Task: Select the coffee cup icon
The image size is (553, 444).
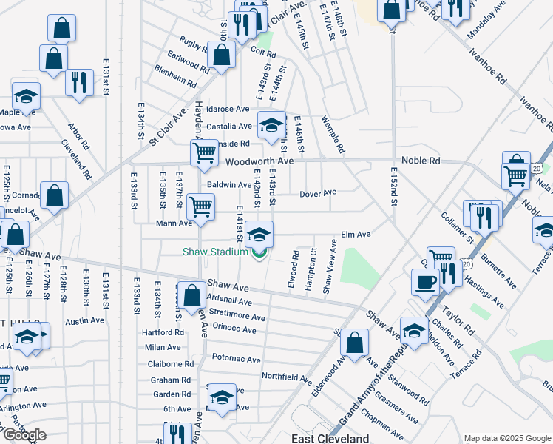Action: click(x=425, y=281)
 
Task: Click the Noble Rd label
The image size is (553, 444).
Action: click(x=421, y=161)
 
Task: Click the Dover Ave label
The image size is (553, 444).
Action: click(x=318, y=193)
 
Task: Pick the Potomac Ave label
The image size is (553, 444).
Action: click(x=237, y=360)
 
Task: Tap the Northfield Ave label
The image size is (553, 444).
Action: click(x=287, y=378)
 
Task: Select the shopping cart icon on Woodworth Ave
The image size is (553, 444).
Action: click(x=204, y=152)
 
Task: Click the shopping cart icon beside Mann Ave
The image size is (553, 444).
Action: click(x=200, y=206)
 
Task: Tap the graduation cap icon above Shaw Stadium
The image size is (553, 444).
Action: click(x=259, y=235)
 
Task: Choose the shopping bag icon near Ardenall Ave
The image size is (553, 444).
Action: click(x=192, y=295)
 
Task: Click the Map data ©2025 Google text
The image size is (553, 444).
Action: click(x=506, y=438)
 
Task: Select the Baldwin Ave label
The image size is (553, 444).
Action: click(x=229, y=185)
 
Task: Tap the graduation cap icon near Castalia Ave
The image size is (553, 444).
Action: click(x=271, y=124)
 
